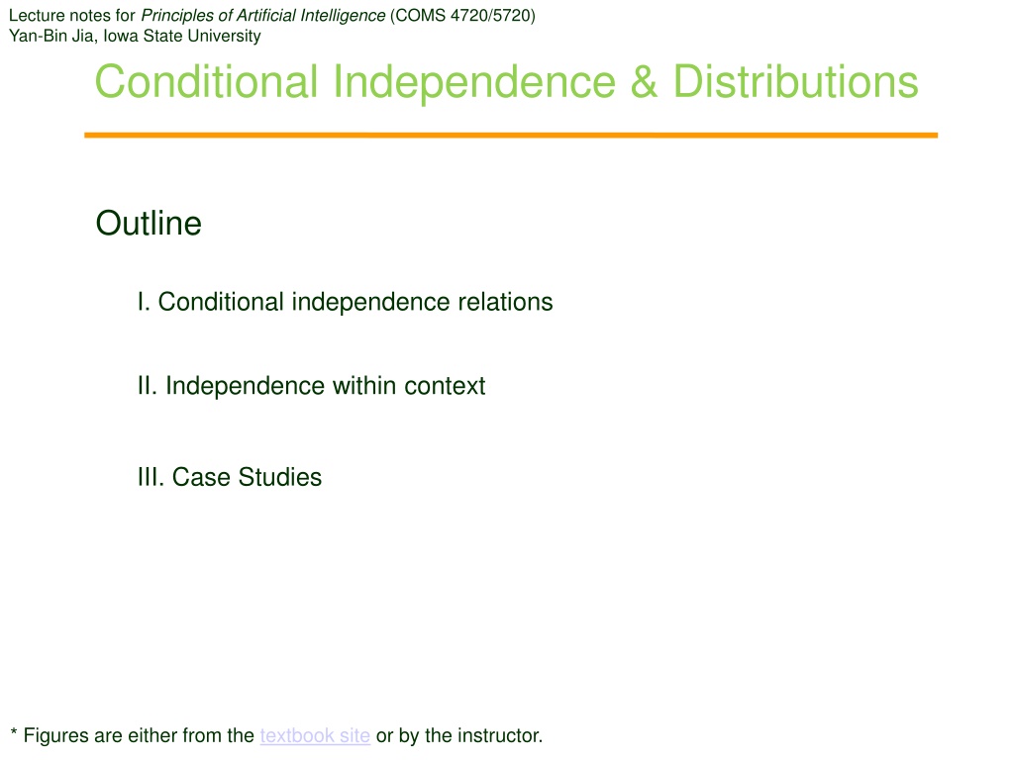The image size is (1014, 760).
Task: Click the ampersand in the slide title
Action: (x=644, y=82)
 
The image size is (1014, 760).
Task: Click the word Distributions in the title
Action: (x=795, y=82)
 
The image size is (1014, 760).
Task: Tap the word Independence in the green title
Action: (x=474, y=84)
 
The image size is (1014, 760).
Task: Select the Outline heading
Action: (x=149, y=224)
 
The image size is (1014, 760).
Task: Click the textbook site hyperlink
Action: (x=315, y=735)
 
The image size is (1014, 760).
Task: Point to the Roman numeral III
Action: (x=152, y=477)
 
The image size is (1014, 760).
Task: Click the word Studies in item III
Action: (x=280, y=477)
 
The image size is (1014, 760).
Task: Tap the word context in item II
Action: (x=445, y=386)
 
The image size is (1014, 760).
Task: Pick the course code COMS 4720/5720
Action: (x=462, y=16)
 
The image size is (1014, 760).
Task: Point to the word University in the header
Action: (x=224, y=37)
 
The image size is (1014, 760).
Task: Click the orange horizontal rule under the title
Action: (x=511, y=135)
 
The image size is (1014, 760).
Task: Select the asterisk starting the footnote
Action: (x=14, y=732)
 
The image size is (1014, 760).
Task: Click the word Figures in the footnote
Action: (x=55, y=736)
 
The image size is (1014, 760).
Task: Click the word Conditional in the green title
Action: (x=206, y=82)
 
